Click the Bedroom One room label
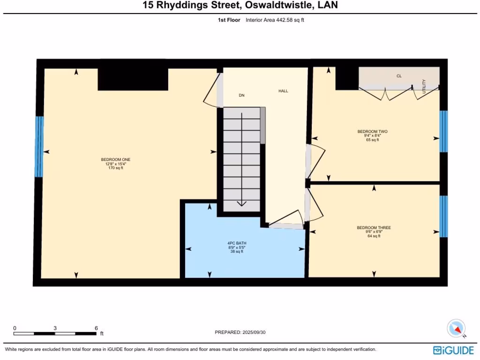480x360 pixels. pyautogui.click(x=116, y=160)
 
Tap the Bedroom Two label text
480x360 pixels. pyautogui.click(x=372, y=132)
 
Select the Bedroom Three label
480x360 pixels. pyautogui.click(x=374, y=228)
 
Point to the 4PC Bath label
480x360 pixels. pyautogui.click(x=236, y=243)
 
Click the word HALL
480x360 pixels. pyautogui.click(x=283, y=91)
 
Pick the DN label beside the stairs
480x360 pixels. pyautogui.click(x=241, y=95)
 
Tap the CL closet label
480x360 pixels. pyautogui.click(x=399, y=75)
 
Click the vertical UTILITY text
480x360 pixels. pyautogui.click(x=424, y=86)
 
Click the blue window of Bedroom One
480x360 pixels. pyautogui.click(x=39, y=146)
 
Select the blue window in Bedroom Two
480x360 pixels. pyautogui.click(x=443, y=132)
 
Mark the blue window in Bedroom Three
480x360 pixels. pyautogui.click(x=443, y=216)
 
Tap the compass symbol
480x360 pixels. pyautogui.click(x=456, y=328)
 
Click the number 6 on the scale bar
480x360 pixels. pyautogui.click(x=96, y=328)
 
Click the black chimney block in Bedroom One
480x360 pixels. pyautogui.click(x=133, y=79)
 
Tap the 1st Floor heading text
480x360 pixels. pyautogui.click(x=229, y=20)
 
